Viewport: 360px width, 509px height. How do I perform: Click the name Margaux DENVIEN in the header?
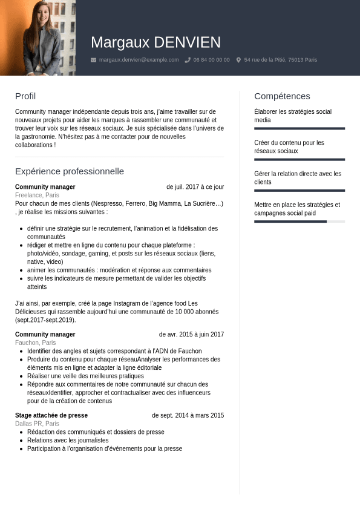[155, 42]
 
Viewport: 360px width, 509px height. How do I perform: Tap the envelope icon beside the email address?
[93, 60]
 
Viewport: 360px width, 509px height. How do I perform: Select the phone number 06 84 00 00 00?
[211, 60]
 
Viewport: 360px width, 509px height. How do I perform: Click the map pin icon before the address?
[238, 60]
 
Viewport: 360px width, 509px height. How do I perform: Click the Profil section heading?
[25, 96]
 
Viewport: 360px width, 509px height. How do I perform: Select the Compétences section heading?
[282, 96]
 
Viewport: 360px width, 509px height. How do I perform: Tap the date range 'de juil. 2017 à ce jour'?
[195, 187]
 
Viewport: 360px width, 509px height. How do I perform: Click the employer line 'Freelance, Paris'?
[37, 195]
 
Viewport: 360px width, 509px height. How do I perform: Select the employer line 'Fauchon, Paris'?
[35, 343]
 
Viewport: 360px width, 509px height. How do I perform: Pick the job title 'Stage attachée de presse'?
[51, 415]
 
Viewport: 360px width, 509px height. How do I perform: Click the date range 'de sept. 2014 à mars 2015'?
[188, 415]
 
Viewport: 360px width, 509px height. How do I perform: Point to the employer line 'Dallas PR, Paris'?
[37, 424]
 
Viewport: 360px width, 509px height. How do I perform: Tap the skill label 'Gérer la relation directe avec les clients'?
[298, 178]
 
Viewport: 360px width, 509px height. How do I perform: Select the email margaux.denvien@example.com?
[139, 60]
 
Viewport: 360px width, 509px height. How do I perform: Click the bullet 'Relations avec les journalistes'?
[68, 441]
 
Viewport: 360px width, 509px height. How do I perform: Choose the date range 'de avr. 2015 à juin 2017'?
[191, 334]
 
